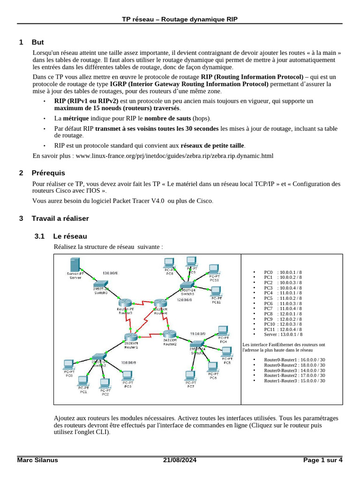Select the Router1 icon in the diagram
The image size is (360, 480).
[x=131, y=337]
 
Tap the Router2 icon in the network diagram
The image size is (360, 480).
[x=169, y=334]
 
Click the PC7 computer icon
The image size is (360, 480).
[x=190, y=376]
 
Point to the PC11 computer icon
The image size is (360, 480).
[x=215, y=292]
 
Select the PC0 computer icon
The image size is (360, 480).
[x=68, y=364]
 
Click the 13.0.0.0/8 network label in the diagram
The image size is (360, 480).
[x=110, y=272]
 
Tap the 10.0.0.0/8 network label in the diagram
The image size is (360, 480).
[x=128, y=362]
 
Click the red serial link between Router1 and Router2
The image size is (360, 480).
[x=150, y=336]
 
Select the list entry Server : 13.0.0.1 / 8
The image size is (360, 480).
[x=283, y=334]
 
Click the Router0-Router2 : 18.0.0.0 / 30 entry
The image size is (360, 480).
[x=294, y=365]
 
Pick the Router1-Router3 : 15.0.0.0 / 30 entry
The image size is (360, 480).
[x=294, y=381]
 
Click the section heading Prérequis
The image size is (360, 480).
[x=48, y=173]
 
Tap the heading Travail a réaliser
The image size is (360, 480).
[x=60, y=218]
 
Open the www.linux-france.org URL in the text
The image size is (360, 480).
[x=174, y=156]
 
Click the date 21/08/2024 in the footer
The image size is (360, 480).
[x=180, y=460]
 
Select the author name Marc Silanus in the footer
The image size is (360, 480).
[x=37, y=460]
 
